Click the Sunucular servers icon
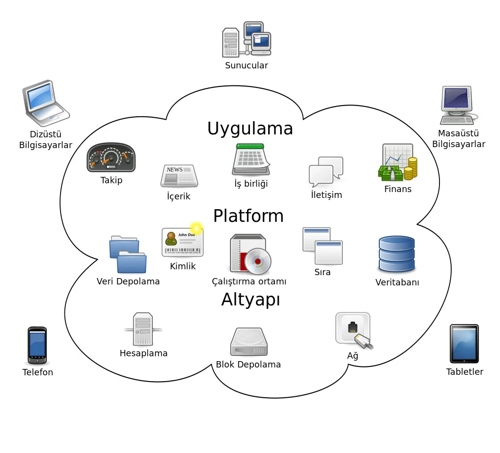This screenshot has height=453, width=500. pyautogui.click(x=247, y=39)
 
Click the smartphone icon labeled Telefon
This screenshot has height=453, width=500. pyautogui.click(x=37, y=345)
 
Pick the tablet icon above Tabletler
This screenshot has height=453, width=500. pyautogui.click(x=464, y=344)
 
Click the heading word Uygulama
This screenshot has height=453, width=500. pyautogui.click(x=250, y=129)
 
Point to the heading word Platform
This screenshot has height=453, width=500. pyautogui.click(x=248, y=216)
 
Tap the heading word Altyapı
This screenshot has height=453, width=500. pyautogui.click(x=250, y=300)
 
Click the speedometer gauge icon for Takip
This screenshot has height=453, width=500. pyautogui.click(x=111, y=157)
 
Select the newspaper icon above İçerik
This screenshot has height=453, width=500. pyautogui.click(x=179, y=176)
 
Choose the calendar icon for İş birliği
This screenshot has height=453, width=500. pyautogui.click(x=251, y=159)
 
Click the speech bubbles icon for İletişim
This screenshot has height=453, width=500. pyautogui.click(x=326, y=172)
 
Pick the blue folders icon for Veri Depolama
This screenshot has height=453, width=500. pyautogui.click(x=127, y=255)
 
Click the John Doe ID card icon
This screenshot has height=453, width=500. pyautogui.click(x=183, y=242)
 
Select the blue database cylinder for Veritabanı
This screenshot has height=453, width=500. pyautogui.click(x=396, y=254)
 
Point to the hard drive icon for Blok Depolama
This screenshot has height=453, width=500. pyautogui.click(x=249, y=342)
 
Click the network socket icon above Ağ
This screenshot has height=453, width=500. pyautogui.click(x=354, y=330)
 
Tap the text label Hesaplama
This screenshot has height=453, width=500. pyautogui.click(x=144, y=353)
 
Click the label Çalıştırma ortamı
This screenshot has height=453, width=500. pyautogui.click(x=249, y=281)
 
